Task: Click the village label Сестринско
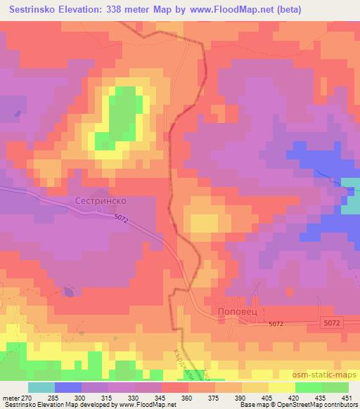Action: pos(100,200)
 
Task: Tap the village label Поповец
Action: pos(234,310)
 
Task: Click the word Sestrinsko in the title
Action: pos(34,10)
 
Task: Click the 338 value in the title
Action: pos(125,10)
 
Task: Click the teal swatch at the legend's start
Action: pos(41,388)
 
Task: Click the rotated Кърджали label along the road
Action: pos(181,365)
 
